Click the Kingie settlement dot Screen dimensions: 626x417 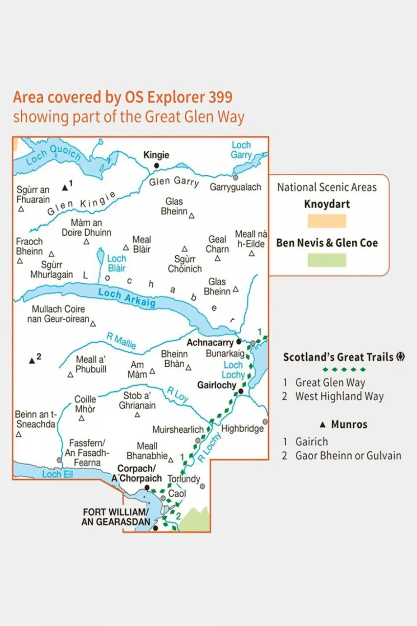157,165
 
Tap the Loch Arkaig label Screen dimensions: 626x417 127,297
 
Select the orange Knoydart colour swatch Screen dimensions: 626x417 327,221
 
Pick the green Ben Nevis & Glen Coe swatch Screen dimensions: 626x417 327,260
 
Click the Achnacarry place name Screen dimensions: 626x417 210,343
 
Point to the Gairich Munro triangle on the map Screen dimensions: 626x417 65,187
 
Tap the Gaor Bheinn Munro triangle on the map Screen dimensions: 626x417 32,361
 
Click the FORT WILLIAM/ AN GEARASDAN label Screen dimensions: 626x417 116,517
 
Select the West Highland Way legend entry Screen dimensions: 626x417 339,396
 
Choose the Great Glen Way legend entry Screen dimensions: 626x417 330,382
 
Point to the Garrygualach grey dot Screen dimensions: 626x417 235,177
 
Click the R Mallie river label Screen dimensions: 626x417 121,340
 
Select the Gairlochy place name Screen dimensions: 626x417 217,385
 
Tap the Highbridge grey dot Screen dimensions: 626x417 265,422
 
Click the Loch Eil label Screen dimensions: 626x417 57,474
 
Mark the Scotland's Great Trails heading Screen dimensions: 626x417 338,357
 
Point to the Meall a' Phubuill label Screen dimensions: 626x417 90,364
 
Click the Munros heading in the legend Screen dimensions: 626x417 349,424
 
